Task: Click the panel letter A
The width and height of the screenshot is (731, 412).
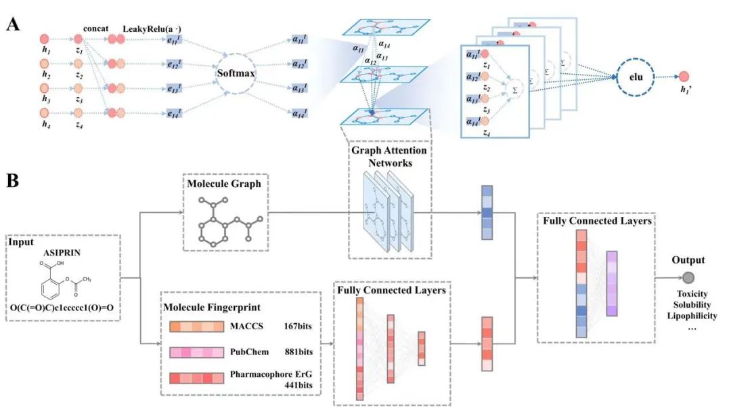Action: coord(12,25)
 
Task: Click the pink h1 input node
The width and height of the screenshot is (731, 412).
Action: coord(45,40)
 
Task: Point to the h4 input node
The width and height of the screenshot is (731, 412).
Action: coord(45,113)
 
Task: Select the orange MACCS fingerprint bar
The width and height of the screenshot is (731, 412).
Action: coord(196,327)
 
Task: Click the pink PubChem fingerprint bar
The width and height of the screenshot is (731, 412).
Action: coord(196,352)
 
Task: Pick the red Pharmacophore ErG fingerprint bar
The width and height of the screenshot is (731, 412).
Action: coord(196,377)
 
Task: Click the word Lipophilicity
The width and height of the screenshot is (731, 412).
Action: coord(691,316)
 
